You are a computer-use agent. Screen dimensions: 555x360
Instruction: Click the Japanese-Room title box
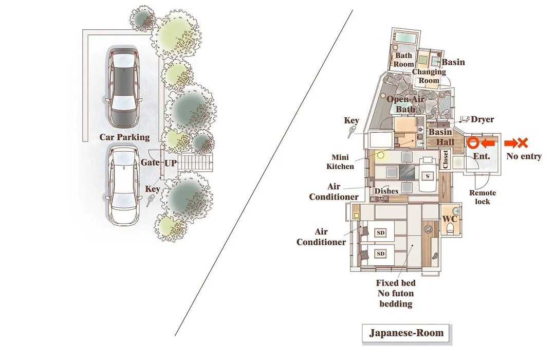(x=406, y=333)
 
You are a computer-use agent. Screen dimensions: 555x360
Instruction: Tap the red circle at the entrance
(x=473, y=143)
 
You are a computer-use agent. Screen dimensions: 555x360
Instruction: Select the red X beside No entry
(x=523, y=143)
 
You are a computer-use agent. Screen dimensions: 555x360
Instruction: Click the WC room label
(x=450, y=219)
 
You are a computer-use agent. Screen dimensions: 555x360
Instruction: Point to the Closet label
(x=445, y=159)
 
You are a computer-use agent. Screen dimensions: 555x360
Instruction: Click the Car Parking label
(x=124, y=137)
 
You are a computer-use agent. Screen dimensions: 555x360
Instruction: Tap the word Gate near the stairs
(x=151, y=163)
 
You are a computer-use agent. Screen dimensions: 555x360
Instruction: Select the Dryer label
(x=482, y=119)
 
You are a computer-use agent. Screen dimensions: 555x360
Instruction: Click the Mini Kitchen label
(x=340, y=161)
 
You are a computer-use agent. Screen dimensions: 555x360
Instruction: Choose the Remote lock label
(x=483, y=197)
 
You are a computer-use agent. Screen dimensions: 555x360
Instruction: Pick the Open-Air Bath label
(x=405, y=104)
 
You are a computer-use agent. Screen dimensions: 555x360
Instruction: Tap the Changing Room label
(x=429, y=76)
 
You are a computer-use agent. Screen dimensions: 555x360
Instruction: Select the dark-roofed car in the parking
(x=123, y=86)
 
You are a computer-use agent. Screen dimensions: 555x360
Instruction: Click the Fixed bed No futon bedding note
(x=396, y=293)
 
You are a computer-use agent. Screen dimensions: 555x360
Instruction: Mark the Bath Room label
(x=403, y=60)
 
